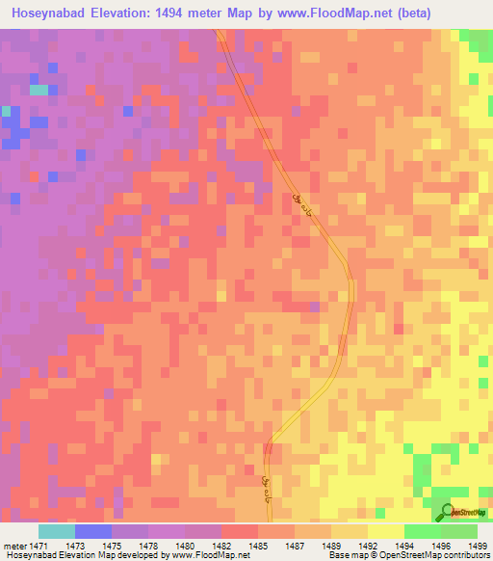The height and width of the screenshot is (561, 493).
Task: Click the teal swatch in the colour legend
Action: [x=56, y=531]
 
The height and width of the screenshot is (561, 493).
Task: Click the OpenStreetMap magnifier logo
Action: [x=445, y=513]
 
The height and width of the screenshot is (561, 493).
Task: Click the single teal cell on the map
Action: [x=39, y=90]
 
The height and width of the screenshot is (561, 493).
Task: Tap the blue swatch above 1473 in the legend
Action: [x=93, y=531]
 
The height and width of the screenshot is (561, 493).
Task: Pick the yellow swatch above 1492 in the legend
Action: [x=385, y=531]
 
